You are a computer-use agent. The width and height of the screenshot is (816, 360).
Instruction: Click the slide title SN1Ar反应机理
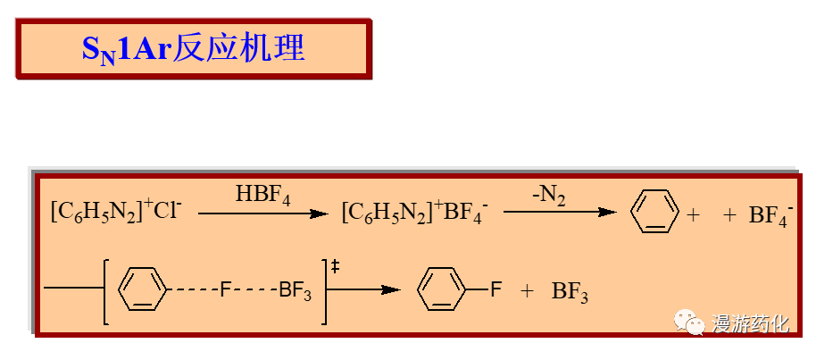point(193,48)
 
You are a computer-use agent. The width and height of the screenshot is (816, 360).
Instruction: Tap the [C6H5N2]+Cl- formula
point(116,213)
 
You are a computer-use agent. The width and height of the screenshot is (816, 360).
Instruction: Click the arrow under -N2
point(560,213)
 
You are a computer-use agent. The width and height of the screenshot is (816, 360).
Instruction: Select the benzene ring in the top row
point(651,213)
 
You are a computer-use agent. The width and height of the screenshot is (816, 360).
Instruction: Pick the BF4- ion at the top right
point(769,214)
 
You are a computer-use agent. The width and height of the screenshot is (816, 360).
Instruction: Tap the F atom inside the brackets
point(226,289)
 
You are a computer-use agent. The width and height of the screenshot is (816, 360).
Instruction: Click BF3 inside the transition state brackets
point(295,290)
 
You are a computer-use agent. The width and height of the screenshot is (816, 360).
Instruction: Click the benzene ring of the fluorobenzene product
point(443,290)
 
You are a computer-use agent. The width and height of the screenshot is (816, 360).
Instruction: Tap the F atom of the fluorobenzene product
point(496,289)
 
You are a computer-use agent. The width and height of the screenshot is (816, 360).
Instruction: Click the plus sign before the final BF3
point(528,290)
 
